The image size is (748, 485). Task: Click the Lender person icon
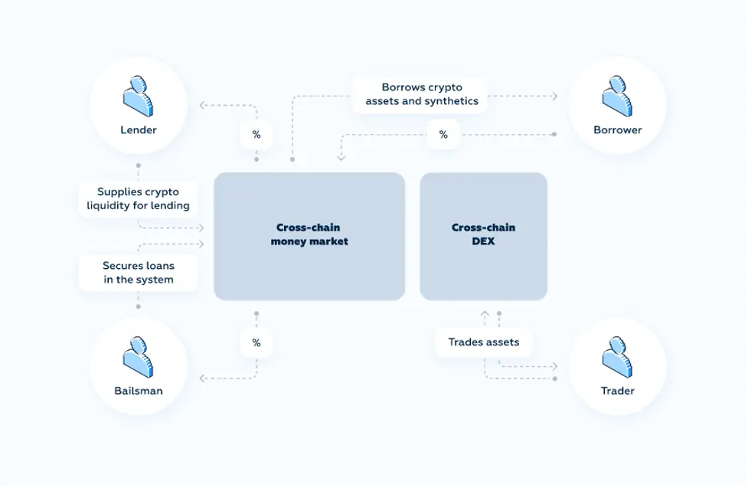(138, 96)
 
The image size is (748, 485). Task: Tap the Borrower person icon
(617, 96)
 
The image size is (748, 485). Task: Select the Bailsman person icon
(138, 357)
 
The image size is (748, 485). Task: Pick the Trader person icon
(617, 357)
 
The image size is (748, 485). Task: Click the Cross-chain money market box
(309, 236)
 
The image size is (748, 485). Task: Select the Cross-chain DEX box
(483, 236)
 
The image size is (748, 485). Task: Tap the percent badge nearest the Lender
(256, 135)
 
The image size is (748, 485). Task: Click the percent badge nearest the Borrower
(443, 135)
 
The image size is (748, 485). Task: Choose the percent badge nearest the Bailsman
(256, 342)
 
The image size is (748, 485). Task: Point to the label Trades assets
(484, 342)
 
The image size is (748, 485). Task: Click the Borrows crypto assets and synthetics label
(422, 94)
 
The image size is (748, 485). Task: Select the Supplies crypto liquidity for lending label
(138, 198)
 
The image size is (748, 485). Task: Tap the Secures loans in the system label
(139, 273)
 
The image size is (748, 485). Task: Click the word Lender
(139, 129)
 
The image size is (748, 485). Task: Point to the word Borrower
(617, 129)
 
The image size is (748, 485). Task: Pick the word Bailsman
(139, 391)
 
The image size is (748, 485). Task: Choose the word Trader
(617, 391)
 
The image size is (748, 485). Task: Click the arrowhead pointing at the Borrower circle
(555, 97)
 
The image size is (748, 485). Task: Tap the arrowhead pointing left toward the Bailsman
(202, 378)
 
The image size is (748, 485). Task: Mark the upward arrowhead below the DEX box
(485, 313)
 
